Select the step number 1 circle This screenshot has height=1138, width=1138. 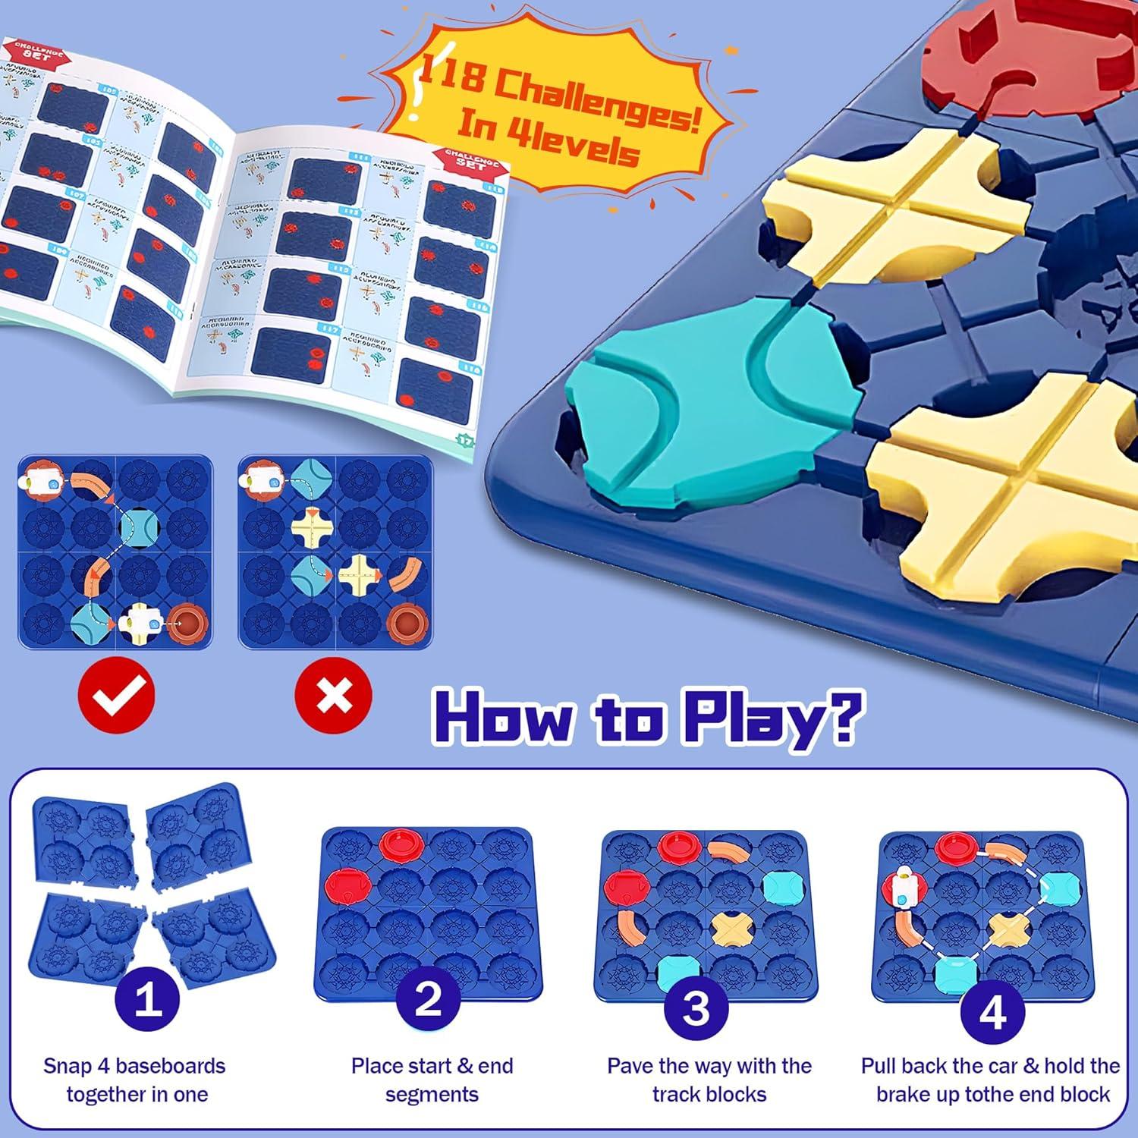click(147, 1001)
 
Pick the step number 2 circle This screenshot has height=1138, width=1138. click(429, 1001)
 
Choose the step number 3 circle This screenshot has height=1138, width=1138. click(696, 1007)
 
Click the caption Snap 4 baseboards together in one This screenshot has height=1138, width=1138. click(134, 1080)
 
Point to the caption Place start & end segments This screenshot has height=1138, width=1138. click(432, 1080)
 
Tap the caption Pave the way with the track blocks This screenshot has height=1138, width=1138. click(709, 1080)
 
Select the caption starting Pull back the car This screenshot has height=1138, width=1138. click(991, 1080)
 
